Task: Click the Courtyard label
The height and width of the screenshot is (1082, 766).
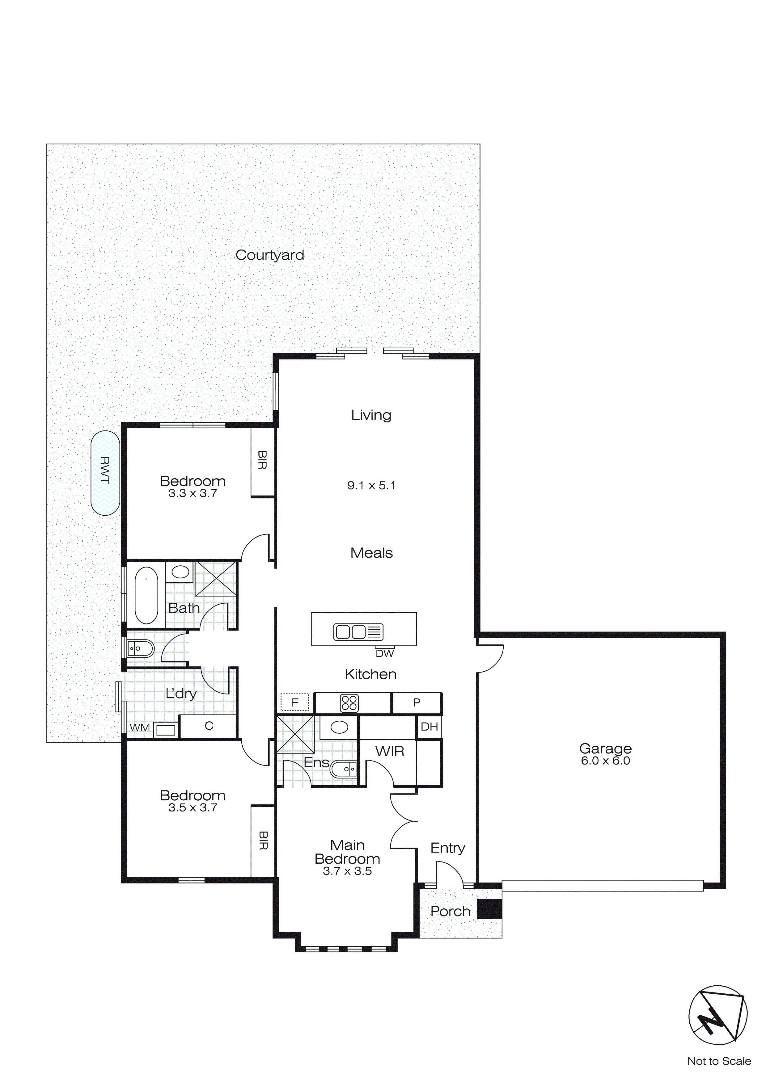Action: pyautogui.click(x=269, y=255)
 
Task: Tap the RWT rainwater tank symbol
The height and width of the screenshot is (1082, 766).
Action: pyautogui.click(x=105, y=473)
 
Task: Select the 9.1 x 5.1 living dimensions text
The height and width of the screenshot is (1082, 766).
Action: pyautogui.click(x=371, y=485)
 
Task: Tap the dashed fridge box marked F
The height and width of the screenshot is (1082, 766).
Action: pyautogui.click(x=295, y=702)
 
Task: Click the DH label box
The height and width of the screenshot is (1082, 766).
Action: pyautogui.click(x=429, y=727)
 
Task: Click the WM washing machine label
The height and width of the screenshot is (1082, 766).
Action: pyautogui.click(x=140, y=728)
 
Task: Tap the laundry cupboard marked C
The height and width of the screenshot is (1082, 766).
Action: pyautogui.click(x=209, y=726)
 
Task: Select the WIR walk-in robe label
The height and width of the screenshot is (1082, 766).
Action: pyautogui.click(x=390, y=751)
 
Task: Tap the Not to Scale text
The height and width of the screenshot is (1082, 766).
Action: pyautogui.click(x=719, y=1061)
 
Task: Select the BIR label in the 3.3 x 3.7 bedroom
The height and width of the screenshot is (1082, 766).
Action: pyautogui.click(x=263, y=460)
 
